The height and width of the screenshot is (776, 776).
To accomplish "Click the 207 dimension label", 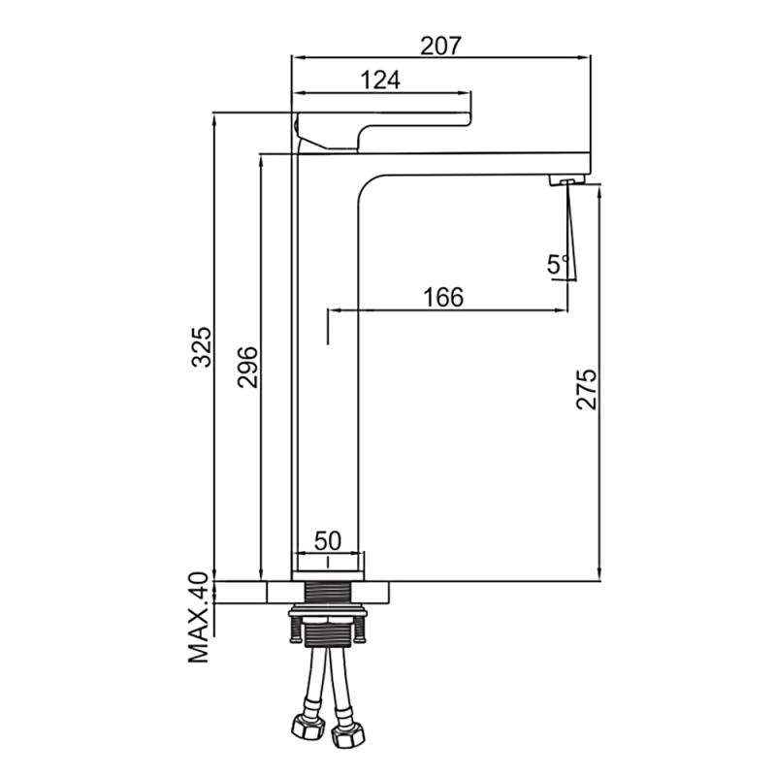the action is [x=440, y=46].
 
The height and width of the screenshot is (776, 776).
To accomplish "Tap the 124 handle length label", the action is [x=380, y=81].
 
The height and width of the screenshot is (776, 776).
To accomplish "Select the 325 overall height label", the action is [x=202, y=346].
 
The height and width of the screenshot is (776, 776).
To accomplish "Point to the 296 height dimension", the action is [x=247, y=367].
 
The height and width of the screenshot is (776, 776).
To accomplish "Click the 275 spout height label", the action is [x=587, y=389].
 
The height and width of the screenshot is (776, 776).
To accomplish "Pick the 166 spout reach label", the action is [x=443, y=297].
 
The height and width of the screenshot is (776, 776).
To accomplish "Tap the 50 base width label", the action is [x=328, y=541].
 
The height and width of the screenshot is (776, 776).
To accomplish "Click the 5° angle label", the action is [x=559, y=264].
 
